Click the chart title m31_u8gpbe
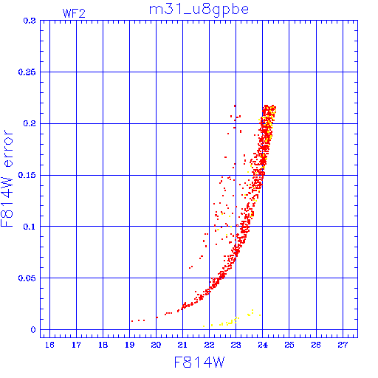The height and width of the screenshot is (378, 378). click(199, 10)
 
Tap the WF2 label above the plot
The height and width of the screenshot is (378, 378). click(74, 13)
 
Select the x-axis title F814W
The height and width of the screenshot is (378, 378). click(199, 362)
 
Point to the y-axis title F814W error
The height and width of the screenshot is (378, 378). click(7, 179)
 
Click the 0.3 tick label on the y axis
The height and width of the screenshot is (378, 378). click(30, 21)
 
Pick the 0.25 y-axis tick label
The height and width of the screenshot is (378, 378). click(27, 72)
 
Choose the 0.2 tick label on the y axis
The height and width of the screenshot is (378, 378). click(30, 123)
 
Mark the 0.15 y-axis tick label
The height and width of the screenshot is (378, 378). click(27, 175)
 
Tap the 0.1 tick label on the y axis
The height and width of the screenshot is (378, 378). click(30, 227)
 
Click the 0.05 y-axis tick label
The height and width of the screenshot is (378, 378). click(27, 278)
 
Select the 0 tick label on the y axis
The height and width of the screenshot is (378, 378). click(33, 329)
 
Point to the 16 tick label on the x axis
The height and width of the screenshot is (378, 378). click(49, 345)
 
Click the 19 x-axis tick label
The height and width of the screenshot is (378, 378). click(129, 345)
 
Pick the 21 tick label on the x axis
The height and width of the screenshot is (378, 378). click(182, 345)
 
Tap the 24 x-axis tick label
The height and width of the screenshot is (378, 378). click(262, 345)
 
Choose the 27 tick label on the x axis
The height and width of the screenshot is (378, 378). click(343, 345)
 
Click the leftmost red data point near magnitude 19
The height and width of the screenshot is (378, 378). click(132, 321)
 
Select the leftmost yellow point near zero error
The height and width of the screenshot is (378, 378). click(204, 326)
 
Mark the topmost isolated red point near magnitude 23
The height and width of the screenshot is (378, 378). click(235, 106)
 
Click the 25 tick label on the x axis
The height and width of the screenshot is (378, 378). click(289, 345)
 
